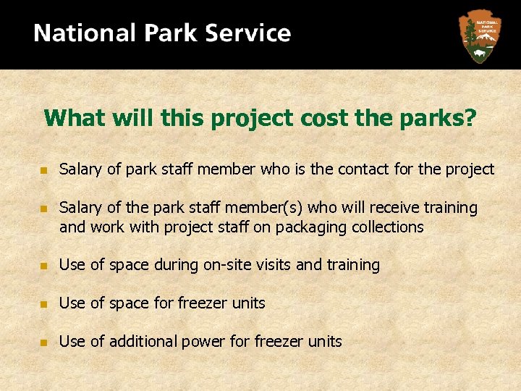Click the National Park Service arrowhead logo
tap(479, 35)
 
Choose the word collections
tap(388, 227)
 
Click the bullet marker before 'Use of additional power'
tap(43, 342)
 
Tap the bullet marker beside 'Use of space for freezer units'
tap(43, 303)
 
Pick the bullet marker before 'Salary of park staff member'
tap(43, 170)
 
